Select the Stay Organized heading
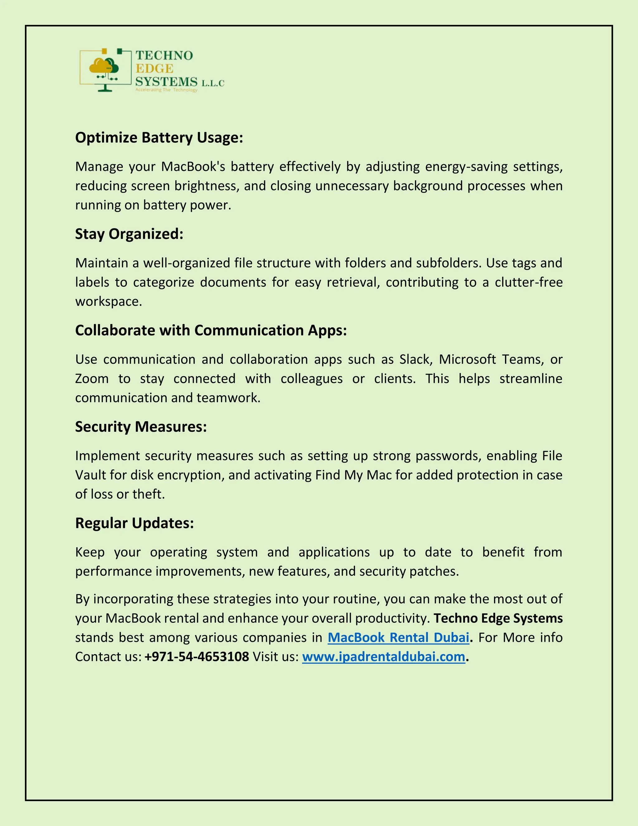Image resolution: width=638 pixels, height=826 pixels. pos(129,234)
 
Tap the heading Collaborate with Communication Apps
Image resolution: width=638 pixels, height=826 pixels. pos(211,330)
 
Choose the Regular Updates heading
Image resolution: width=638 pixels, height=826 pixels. pos(134,523)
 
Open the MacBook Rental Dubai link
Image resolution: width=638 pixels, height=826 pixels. pos(398,638)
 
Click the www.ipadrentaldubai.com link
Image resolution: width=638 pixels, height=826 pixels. pos(383,657)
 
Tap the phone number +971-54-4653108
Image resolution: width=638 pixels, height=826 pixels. pos(197,657)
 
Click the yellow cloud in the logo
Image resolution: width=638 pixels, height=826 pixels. pos(99,67)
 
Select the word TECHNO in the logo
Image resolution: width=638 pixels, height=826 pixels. pos(164,55)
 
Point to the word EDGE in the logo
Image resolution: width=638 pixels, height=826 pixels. pos(154,69)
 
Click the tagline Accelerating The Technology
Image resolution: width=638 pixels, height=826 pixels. pos(166,90)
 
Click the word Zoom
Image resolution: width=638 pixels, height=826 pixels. pos(92,379)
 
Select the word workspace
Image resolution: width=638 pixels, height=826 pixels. pos(108,302)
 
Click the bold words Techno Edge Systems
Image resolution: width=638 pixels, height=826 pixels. pos(498,618)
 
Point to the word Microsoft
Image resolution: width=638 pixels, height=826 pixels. pos(467,359)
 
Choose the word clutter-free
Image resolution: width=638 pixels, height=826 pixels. pos(528,282)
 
